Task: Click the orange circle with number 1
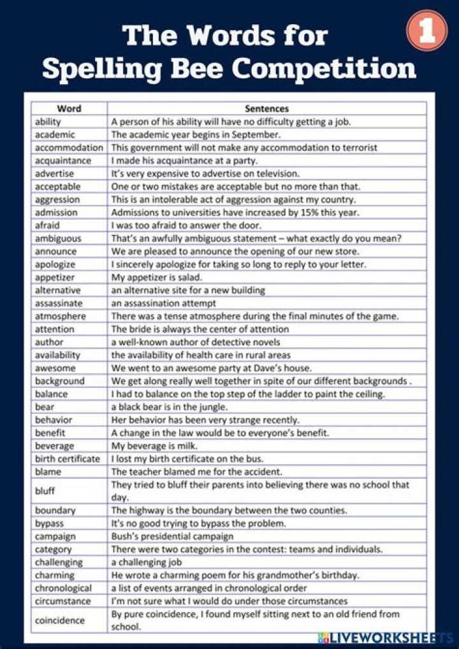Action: pyautogui.click(x=427, y=32)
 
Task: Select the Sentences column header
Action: pyautogui.click(x=266, y=108)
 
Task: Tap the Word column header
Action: pyautogui.click(x=69, y=108)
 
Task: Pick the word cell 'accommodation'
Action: pyautogui.click(x=69, y=147)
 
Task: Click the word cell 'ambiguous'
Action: pyautogui.click(x=58, y=238)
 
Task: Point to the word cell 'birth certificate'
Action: pyautogui.click(x=68, y=459)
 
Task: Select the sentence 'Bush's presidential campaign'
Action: pyautogui.click(x=172, y=536)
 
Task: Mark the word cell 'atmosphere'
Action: pyautogui.click(x=61, y=316)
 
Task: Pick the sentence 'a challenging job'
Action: pyautogui.click(x=147, y=562)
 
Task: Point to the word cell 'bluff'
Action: pyautogui.click(x=45, y=491)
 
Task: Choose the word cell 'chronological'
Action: pyautogui.click(x=63, y=588)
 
